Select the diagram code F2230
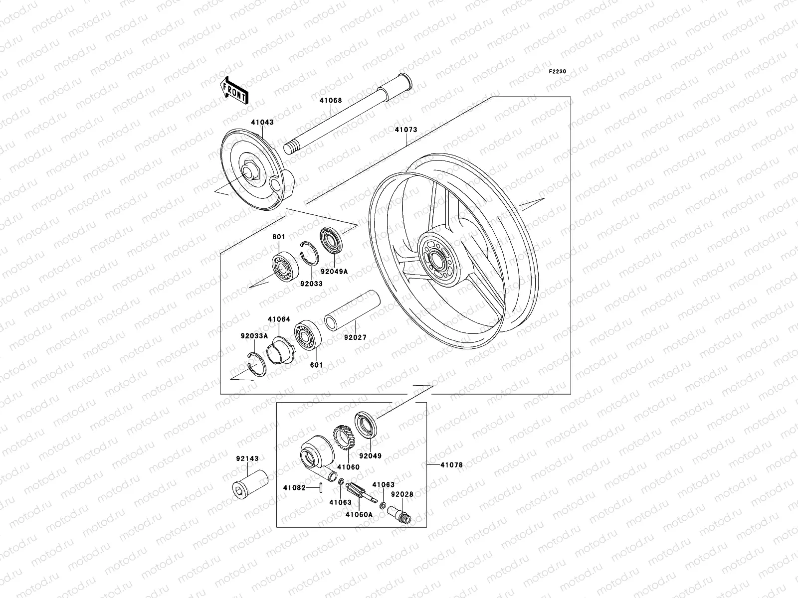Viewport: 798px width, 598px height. (x=558, y=71)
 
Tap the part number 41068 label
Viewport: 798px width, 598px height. (x=331, y=100)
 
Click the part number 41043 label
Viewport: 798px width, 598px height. (x=262, y=122)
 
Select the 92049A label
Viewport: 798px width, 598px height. (x=334, y=272)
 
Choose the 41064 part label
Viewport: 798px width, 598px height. (x=279, y=319)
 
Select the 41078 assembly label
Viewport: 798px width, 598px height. (x=451, y=465)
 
